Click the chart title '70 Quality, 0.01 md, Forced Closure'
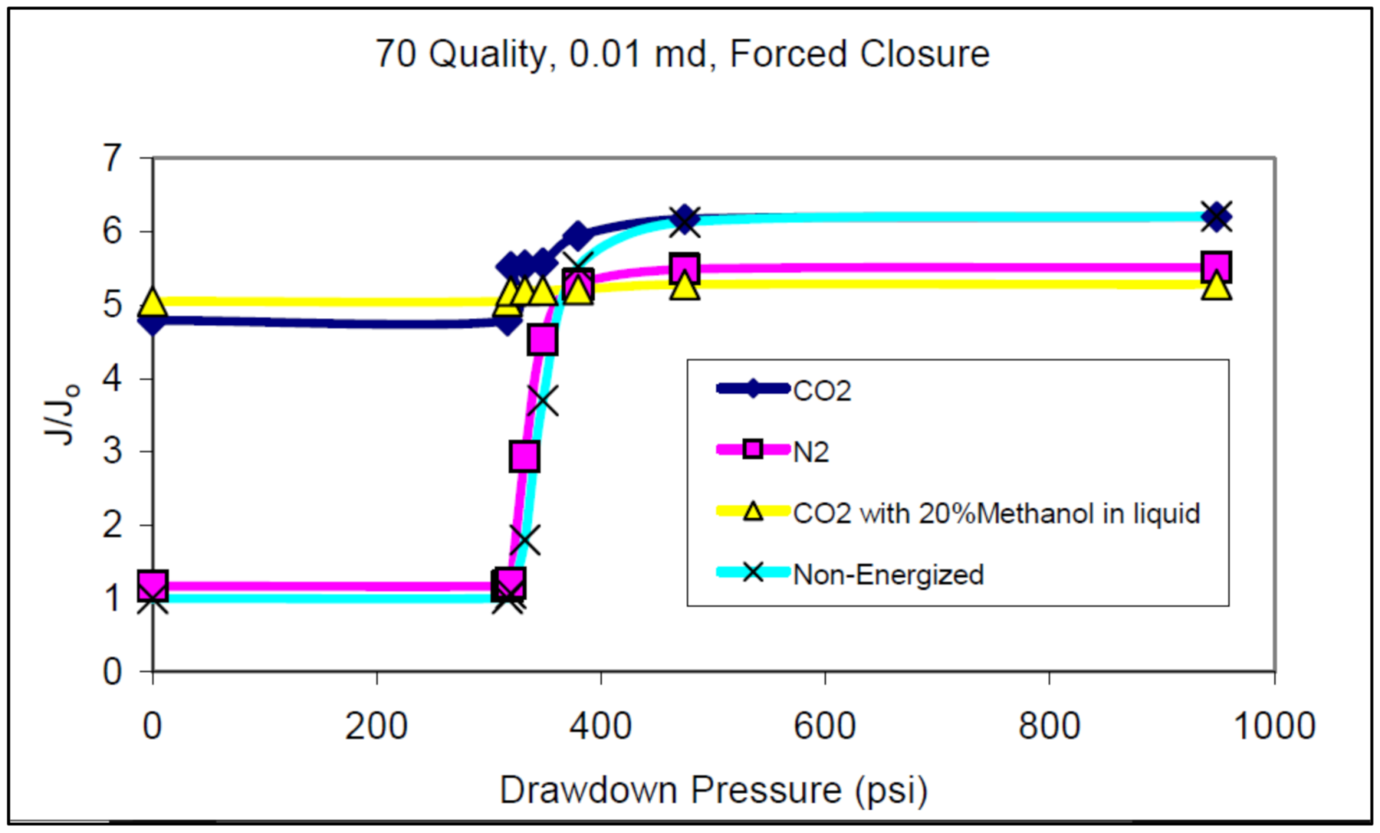coord(682,54)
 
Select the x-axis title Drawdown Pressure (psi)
coord(713,790)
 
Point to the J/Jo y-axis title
coord(62,414)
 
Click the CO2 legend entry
coord(822,391)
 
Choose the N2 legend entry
coord(810,451)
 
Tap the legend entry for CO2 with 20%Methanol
coord(995,513)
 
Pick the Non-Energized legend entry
coord(887,574)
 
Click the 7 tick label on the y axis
coord(112,158)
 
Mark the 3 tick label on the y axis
coord(112,451)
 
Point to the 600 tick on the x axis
coord(824,726)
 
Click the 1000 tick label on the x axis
coord(1273,726)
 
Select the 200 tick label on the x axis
coord(376,726)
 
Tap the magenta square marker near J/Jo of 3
coord(524,456)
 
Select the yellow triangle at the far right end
coord(1216,286)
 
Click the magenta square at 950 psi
coord(1216,267)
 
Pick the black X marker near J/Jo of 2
coord(524,540)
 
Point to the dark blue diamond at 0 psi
coord(153,321)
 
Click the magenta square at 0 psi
coord(153,586)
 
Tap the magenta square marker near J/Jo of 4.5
coord(542,339)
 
